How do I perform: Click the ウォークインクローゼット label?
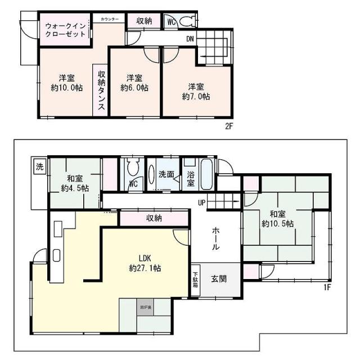click(x=65, y=29)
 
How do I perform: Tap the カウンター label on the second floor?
click(x=110, y=20)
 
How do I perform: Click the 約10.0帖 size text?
click(x=65, y=88)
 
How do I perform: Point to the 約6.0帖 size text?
click(x=134, y=88)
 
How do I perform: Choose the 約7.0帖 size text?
click(x=196, y=96)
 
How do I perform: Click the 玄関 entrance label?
click(x=219, y=279)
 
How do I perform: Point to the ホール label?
click(x=216, y=238)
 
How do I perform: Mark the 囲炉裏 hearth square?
click(x=145, y=308)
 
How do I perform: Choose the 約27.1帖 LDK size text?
click(x=145, y=269)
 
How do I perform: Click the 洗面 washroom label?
click(x=166, y=174)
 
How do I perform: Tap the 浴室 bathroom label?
click(x=191, y=178)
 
